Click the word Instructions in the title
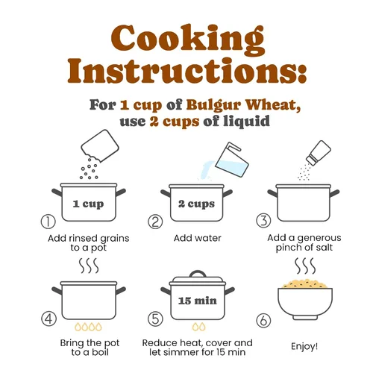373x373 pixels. [187, 71]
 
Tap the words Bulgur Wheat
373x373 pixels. [243, 105]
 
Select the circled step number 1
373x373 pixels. [48, 222]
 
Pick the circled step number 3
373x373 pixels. [263, 221]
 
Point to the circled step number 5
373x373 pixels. [155, 319]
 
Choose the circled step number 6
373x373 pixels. [263, 320]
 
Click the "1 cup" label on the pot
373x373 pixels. [88, 204]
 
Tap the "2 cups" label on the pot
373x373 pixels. [196, 204]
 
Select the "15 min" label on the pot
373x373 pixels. [198, 301]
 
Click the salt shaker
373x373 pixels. [319, 152]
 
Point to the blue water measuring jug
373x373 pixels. [232, 160]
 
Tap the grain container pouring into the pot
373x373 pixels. [100, 145]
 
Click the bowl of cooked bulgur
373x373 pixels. [305, 300]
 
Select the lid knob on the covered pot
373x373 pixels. [198, 274]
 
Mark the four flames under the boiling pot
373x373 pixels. [88, 327]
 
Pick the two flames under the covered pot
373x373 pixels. [199, 327]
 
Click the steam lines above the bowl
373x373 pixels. [305, 266]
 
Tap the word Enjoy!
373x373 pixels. [304, 346]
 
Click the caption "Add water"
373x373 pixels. [198, 238]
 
